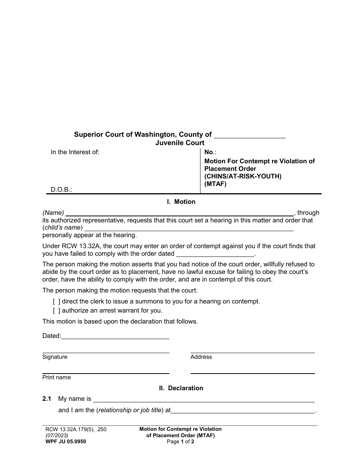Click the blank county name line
[x=250, y=135]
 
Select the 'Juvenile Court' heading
[x=180, y=143]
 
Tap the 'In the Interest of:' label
[x=75, y=152]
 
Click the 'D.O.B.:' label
[x=61, y=189]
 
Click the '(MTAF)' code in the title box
[x=215, y=184]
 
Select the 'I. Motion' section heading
[x=181, y=202]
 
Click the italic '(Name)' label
[x=53, y=213]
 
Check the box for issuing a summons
[x=56, y=302]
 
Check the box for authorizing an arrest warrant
[x=56, y=311]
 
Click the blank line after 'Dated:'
[x=115, y=336]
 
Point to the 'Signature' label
[x=55, y=357]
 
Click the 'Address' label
[x=201, y=357]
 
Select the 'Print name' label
[x=56, y=377]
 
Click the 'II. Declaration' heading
[x=181, y=388]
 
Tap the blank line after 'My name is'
[x=204, y=399]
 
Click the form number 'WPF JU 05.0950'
[x=66, y=441]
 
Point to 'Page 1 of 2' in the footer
[x=180, y=441]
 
